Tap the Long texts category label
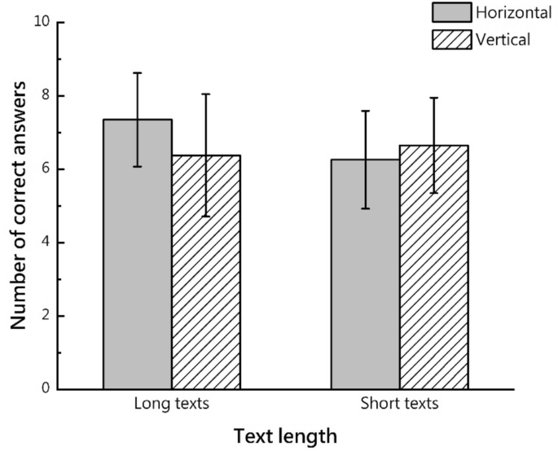(x=171, y=404)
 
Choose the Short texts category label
(x=399, y=404)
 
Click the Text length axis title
(x=285, y=436)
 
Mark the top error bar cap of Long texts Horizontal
(x=137, y=73)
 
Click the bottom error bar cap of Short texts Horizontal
(x=365, y=208)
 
